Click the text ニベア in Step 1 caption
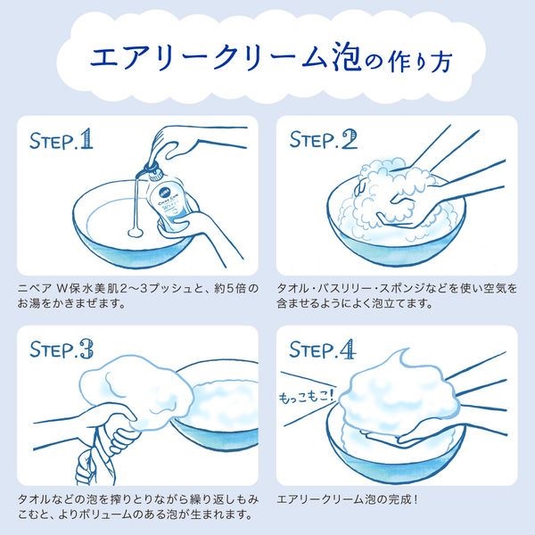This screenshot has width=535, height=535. tap(35, 288)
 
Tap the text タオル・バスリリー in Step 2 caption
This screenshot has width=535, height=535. tap(323, 288)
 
